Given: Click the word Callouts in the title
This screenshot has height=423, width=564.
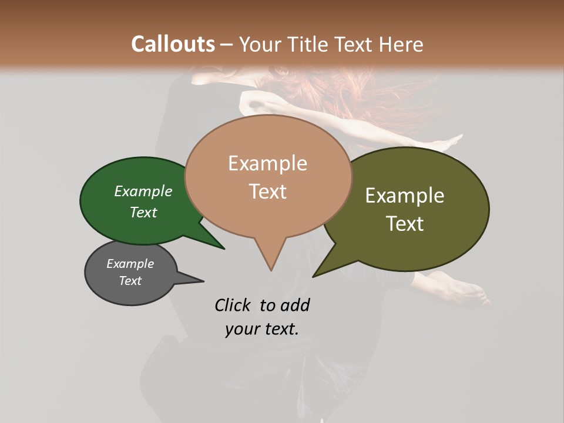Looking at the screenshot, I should pos(173,44).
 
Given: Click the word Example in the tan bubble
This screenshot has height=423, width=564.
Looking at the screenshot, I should pos(267,163).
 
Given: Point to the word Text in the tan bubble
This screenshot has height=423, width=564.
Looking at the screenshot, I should pos(267,192).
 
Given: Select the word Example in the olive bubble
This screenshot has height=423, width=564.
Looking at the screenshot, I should pos(405,196).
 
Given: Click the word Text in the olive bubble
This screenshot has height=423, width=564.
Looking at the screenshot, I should pos(405,224).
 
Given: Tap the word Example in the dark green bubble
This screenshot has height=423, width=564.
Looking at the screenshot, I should pos(143,192).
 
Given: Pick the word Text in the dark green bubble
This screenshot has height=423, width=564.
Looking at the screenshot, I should pos(143,212).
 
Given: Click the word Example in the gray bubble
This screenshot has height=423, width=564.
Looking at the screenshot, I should pos(130,264).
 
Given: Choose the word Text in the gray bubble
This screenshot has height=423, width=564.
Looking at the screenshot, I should pos(130,281).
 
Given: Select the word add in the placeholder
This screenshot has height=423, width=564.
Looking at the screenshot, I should pos(296,305).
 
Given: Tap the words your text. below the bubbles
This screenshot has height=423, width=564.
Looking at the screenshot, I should pos(261,329).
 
